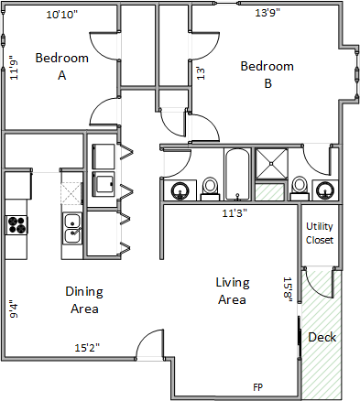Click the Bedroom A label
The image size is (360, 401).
point(62,66)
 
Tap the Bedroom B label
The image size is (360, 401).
point(267,74)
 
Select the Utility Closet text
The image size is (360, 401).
point(320,233)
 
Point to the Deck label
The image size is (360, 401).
point(322,337)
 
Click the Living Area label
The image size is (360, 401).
point(233,291)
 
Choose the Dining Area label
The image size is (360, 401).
point(84,300)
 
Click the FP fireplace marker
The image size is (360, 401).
point(257,387)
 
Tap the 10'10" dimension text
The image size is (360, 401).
point(62,15)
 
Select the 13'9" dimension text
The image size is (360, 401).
point(267,13)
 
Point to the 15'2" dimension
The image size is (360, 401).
point(87,348)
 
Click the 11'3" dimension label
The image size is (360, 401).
point(235,212)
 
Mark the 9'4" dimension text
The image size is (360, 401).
point(14,310)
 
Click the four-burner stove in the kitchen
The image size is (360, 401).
point(16,225)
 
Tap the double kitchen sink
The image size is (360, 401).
point(72,229)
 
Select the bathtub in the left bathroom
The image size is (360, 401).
point(237,174)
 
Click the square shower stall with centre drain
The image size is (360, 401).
point(271,164)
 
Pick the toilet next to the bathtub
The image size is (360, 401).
point(210,189)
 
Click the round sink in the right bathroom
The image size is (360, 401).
point(325,190)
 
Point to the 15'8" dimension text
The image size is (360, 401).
point(288,289)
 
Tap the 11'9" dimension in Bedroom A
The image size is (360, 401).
point(14,68)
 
